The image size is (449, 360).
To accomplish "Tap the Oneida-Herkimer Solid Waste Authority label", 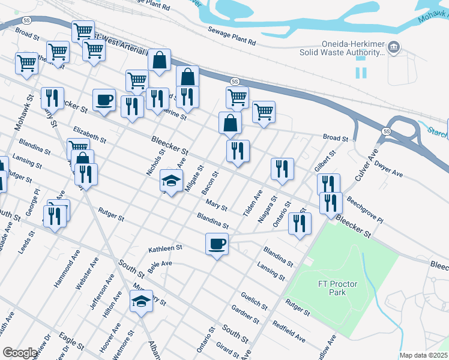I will click(342, 48).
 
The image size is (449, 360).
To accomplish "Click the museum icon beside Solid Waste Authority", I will click(394, 46).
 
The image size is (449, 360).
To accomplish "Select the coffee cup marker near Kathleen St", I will click(217, 244).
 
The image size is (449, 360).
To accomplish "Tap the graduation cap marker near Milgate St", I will click(171, 181).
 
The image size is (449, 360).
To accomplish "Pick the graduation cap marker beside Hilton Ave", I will click(141, 301).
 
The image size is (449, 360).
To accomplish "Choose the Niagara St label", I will click(267, 209).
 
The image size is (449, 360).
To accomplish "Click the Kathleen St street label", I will click(165, 248).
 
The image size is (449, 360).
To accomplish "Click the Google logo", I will click(20, 352).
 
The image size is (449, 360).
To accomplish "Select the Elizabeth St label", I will click(89, 134).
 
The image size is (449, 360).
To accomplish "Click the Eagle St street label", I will click(71, 344).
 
